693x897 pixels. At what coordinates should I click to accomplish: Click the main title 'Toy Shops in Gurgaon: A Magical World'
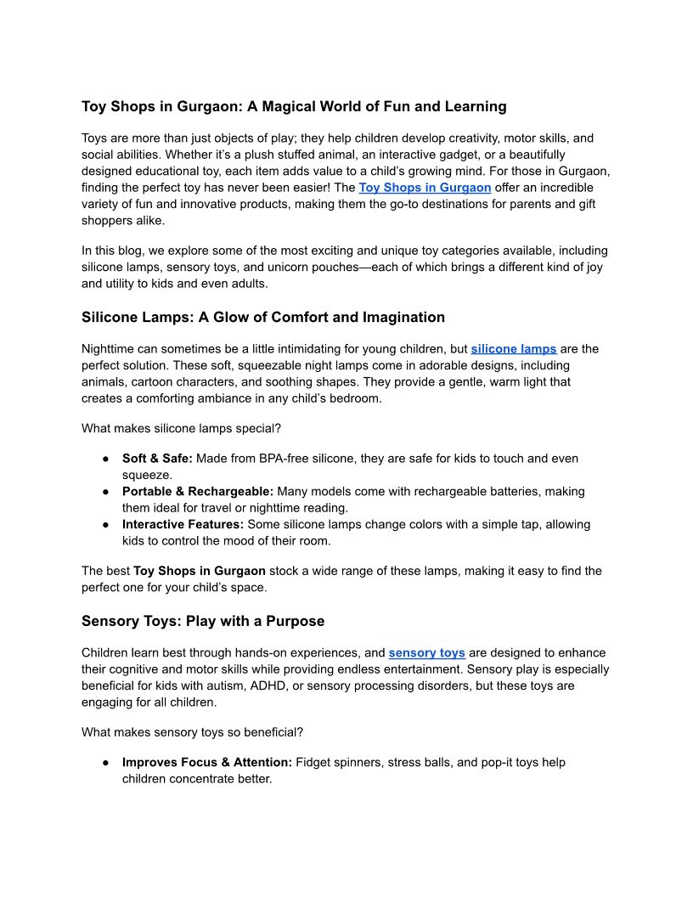[x=294, y=106]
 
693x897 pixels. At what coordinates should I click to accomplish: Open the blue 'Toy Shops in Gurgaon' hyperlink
[x=425, y=187]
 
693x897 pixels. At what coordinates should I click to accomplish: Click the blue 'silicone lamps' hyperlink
[x=514, y=348]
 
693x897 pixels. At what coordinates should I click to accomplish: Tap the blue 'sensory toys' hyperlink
[x=426, y=652]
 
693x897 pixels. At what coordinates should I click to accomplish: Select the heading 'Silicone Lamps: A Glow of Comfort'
[x=263, y=317]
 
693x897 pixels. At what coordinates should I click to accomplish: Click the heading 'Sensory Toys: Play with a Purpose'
[x=203, y=621]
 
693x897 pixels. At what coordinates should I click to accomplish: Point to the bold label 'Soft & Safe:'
[x=157, y=458]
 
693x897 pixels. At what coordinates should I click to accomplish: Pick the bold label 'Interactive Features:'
[x=183, y=524]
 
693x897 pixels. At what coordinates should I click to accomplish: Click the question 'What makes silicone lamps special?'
[x=181, y=428]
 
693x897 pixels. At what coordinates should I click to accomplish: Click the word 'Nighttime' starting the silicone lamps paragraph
[x=110, y=348]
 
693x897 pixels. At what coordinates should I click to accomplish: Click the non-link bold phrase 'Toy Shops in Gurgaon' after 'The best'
[x=200, y=571]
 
